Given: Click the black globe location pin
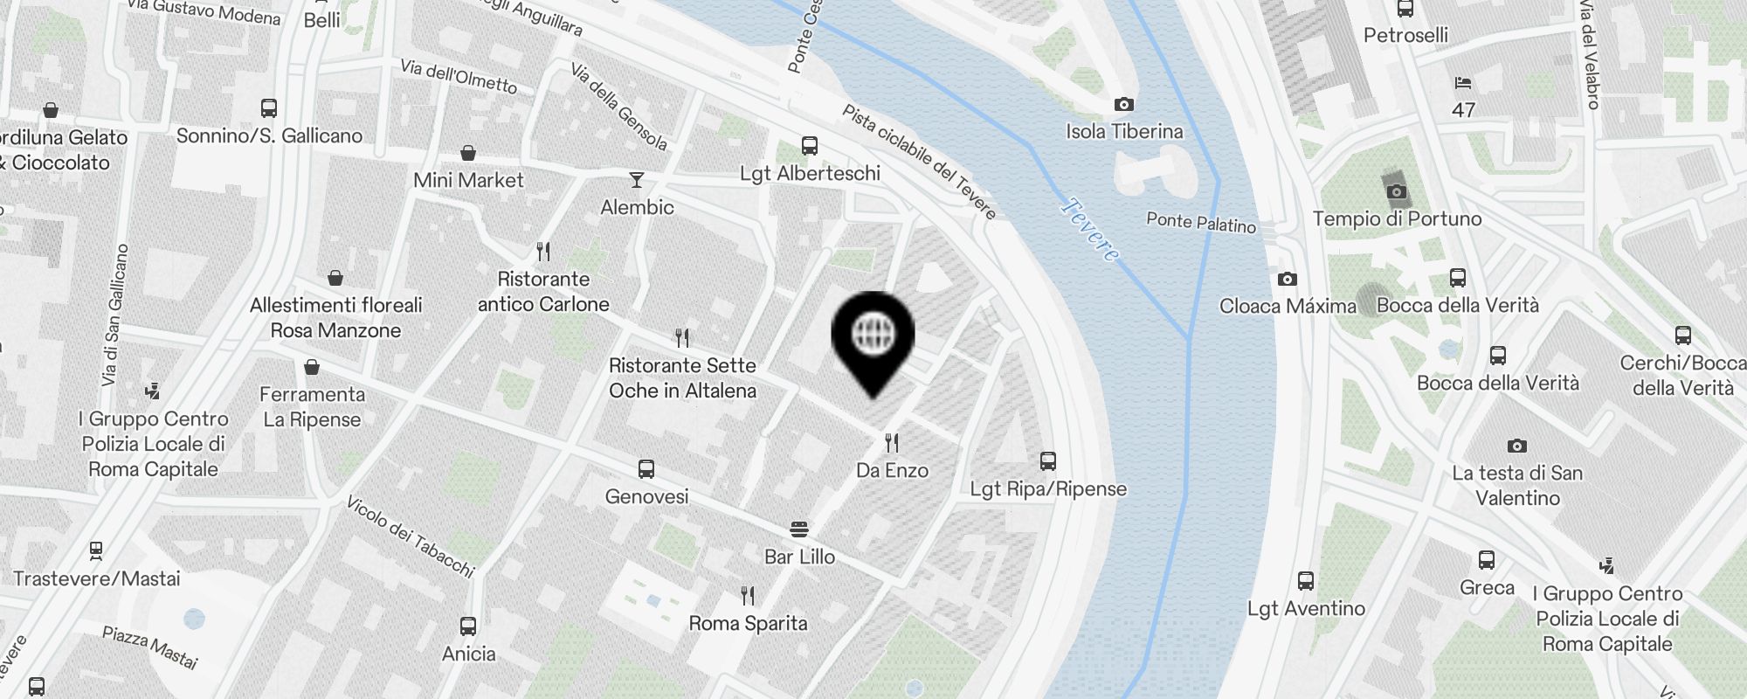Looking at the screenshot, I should point(873,336).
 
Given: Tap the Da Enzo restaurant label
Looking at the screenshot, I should point(892,470).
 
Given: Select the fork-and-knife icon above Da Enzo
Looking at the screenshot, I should point(892,443).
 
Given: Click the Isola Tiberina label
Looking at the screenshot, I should point(1124,131).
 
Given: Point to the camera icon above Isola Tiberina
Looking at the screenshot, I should point(1124,105).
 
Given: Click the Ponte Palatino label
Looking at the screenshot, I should point(1200,223).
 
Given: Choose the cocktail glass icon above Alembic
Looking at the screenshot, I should point(637,180).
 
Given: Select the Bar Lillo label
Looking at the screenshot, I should point(799,557).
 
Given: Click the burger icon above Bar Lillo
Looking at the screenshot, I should point(799,529).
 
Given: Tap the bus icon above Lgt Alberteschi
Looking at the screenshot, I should point(810,146).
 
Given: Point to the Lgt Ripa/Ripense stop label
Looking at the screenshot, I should point(1048,488).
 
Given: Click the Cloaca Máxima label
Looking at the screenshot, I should point(1288,306).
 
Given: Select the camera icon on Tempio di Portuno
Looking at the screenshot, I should point(1397,191).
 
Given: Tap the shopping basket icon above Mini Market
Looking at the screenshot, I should point(468,154).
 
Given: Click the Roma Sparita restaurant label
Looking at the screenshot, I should point(748,623).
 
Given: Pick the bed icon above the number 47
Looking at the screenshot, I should point(1463,84).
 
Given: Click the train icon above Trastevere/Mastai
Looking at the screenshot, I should point(96,551).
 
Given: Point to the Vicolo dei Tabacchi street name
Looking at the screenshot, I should point(410,536).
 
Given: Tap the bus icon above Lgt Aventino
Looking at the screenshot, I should point(1306,581).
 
